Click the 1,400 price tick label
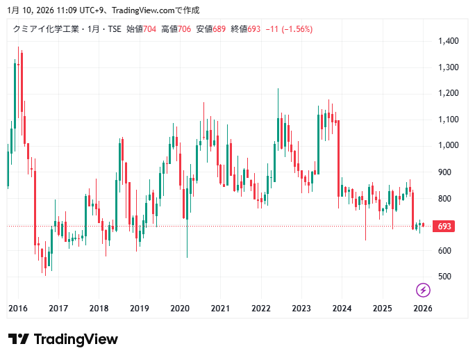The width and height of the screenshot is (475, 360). [449, 41]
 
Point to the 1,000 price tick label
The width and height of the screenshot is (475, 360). [449, 146]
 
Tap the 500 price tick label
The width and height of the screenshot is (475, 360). [445, 277]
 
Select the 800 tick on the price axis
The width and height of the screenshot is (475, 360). [445, 198]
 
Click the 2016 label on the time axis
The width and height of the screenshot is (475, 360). [18, 308]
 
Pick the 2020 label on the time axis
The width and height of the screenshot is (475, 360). [180, 308]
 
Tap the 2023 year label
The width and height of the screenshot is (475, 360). [301, 308]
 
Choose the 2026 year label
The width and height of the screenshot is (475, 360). [422, 308]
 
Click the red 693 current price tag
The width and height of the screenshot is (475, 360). [443, 227]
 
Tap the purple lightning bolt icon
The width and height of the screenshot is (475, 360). [423, 290]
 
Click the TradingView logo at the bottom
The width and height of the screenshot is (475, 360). [63, 339]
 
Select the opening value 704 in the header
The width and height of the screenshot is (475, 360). [149, 29]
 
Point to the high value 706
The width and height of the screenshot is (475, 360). [184, 29]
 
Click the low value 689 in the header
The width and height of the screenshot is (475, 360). [219, 29]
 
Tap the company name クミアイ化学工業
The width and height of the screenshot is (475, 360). [47, 29]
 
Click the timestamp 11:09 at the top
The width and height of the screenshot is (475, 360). [48, 10]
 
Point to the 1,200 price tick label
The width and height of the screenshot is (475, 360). [449, 93]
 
